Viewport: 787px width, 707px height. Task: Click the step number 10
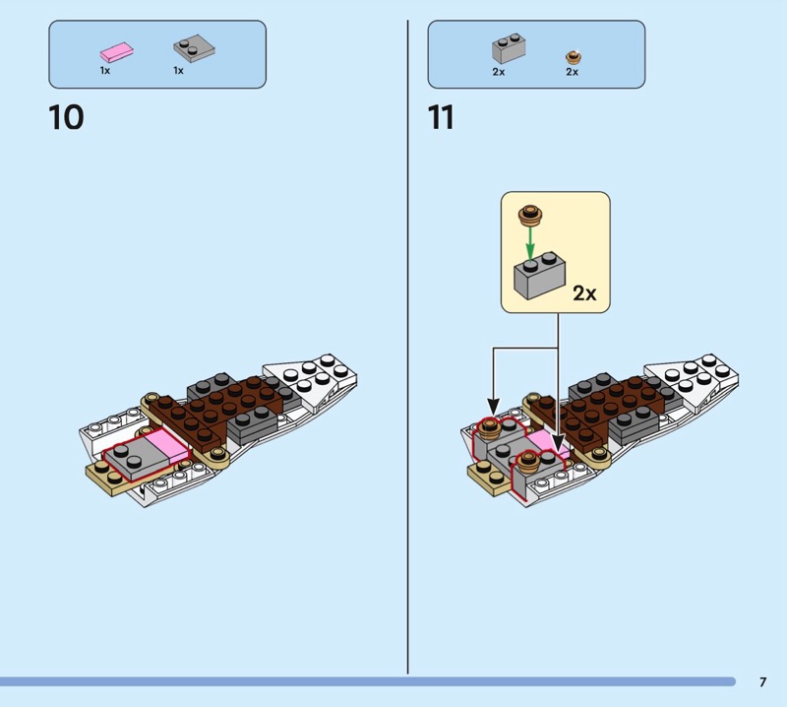tap(66, 117)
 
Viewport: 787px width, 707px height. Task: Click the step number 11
tap(441, 117)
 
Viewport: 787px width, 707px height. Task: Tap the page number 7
tap(763, 681)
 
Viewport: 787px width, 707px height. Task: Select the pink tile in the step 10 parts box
tap(117, 52)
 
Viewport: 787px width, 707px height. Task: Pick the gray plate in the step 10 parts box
tap(194, 48)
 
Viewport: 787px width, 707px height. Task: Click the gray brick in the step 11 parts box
tap(509, 48)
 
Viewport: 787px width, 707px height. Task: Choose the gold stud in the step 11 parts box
tap(574, 57)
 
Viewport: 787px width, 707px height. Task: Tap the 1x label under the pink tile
tap(105, 71)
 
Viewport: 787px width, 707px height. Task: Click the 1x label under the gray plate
tap(179, 71)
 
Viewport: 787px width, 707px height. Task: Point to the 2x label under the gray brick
tap(499, 72)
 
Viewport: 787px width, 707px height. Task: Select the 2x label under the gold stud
tap(573, 72)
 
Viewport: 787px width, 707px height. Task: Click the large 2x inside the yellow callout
tap(584, 293)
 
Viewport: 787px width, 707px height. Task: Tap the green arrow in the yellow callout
tap(530, 242)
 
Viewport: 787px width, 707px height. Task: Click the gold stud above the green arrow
tap(530, 215)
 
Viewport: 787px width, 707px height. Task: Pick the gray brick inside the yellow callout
tap(539, 276)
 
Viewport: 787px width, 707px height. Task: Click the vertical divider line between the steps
tap(407, 347)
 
